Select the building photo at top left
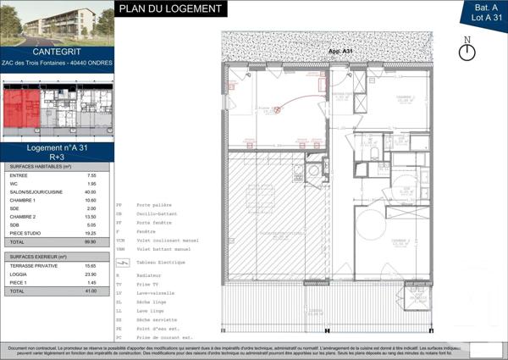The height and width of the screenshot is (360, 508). [x=56, y=23]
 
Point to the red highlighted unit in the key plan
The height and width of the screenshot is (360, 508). [x=23, y=108]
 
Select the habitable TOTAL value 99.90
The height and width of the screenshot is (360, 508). [x=91, y=241]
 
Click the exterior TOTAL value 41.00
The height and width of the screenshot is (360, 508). [x=91, y=291]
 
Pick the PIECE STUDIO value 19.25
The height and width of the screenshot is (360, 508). [x=91, y=232]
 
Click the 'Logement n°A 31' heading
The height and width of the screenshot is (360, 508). [x=56, y=147]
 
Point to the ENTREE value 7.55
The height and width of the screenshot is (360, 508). [x=91, y=174]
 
